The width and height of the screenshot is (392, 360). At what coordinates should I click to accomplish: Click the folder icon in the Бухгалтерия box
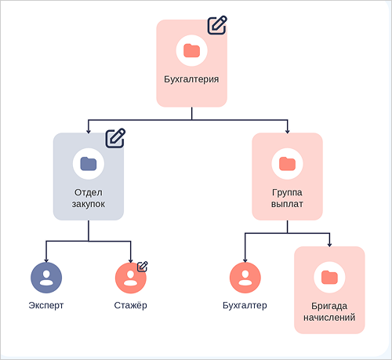[191, 50]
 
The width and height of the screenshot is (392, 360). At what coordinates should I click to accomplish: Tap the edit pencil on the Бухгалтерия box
[217, 25]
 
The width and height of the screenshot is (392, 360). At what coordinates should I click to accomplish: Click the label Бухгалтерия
[191, 79]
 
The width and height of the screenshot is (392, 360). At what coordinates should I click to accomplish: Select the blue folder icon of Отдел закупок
[89, 164]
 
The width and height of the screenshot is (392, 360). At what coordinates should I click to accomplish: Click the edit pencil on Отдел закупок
[115, 138]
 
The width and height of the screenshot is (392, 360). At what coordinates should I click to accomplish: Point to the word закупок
[89, 204]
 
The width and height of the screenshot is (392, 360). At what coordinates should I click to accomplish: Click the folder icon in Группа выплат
[287, 164]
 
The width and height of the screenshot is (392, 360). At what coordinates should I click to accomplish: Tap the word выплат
[287, 204]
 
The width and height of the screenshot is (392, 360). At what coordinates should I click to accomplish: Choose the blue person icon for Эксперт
[46, 278]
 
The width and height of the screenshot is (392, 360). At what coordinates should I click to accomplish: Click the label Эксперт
[46, 305]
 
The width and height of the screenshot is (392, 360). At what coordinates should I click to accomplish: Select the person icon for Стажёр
[131, 278]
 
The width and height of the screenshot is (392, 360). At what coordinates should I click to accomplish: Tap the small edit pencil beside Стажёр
[143, 267]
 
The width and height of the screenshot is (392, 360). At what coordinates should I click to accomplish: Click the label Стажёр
[130, 305]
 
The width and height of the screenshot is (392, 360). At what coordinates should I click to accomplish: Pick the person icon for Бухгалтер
[245, 278]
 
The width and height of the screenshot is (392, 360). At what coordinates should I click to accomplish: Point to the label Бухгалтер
[245, 305]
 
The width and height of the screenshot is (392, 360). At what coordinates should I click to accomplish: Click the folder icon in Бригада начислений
[329, 277]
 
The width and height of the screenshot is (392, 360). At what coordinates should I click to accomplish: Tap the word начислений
[329, 318]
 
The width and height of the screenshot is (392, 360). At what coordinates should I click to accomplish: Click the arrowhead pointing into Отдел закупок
[89, 131]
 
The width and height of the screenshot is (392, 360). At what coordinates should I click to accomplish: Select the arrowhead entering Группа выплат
[287, 131]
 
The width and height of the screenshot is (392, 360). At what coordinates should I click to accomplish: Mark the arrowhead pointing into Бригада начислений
[329, 245]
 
